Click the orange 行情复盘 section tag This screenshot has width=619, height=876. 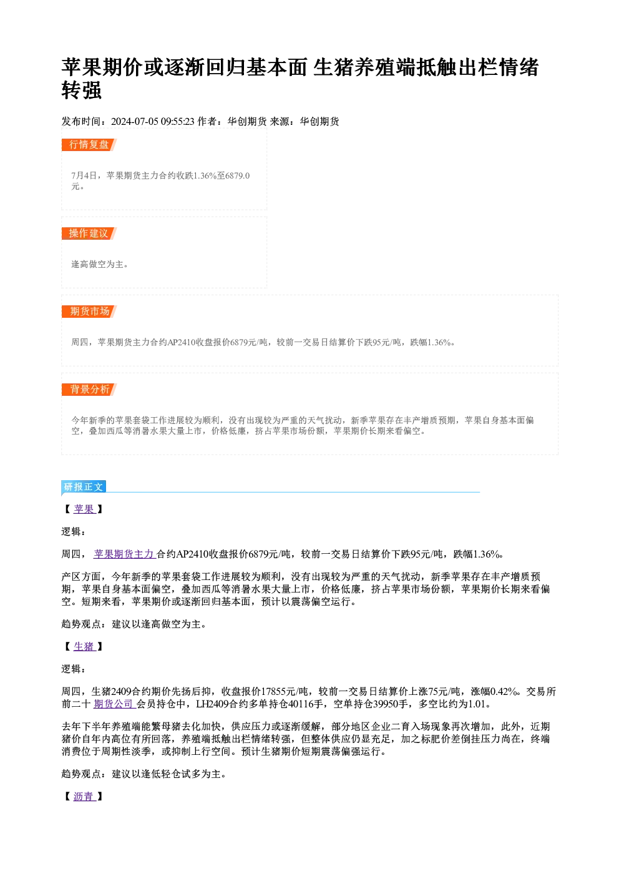[x=89, y=144]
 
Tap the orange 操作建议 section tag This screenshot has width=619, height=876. [x=89, y=233]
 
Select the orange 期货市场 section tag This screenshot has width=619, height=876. [x=89, y=312]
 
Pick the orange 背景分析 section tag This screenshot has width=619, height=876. [x=89, y=389]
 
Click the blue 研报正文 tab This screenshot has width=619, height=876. [x=84, y=487]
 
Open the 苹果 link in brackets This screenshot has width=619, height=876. [x=84, y=509]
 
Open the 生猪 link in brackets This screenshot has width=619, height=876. [x=84, y=646]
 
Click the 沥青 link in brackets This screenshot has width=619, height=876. [x=84, y=796]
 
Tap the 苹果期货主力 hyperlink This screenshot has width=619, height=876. [x=125, y=554]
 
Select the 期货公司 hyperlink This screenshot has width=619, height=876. [x=114, y=704]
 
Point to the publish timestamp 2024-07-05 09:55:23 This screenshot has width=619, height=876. [x=153, y=122]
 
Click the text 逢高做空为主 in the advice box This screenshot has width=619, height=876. [x=97, y=264]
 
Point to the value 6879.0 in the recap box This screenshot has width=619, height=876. [x=237, y=175]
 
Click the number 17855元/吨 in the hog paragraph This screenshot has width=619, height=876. [x=285, y=691]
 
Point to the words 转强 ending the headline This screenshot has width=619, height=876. [x=82, y=90]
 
